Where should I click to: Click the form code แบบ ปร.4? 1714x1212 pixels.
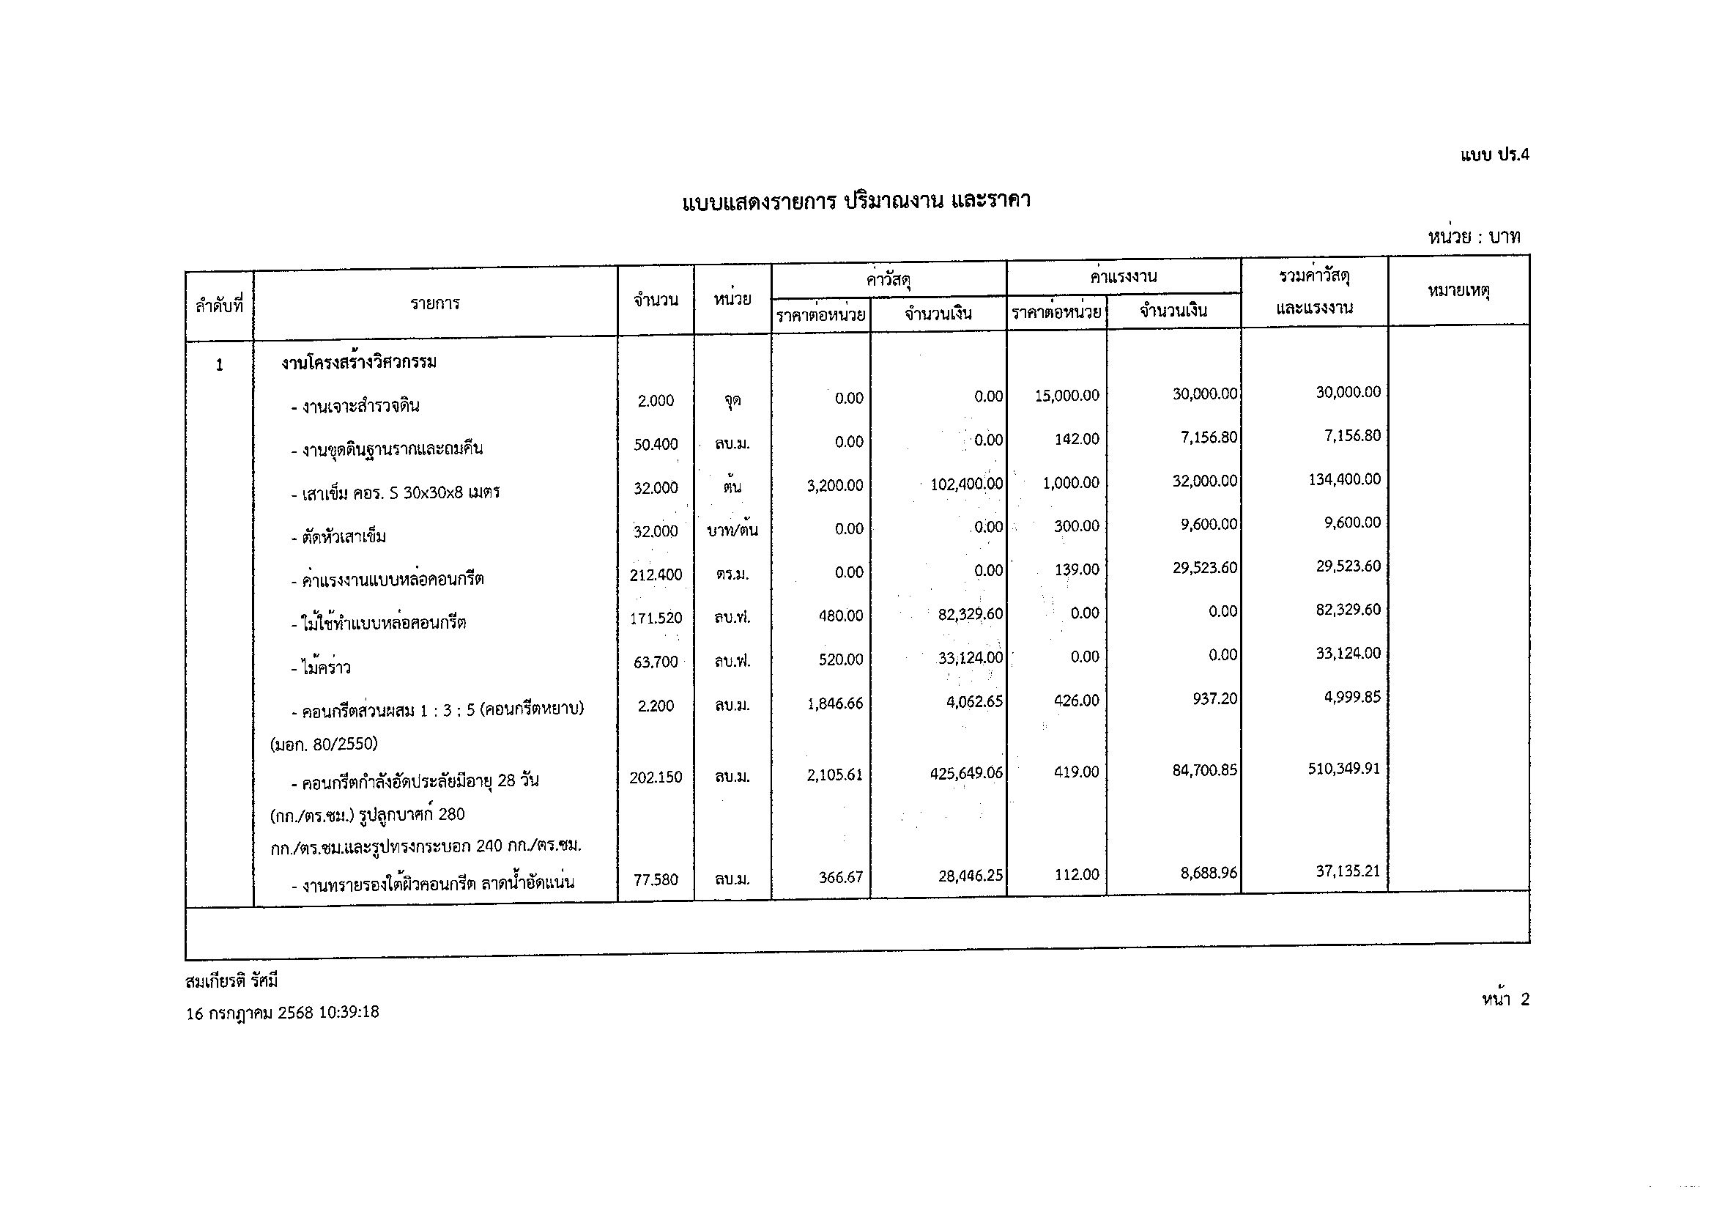tap(1494, 155)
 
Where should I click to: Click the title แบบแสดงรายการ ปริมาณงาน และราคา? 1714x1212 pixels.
tap(856, 202)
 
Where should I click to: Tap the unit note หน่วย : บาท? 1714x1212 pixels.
tap(1474, 237)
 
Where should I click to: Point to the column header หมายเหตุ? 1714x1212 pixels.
tap(1458, 291)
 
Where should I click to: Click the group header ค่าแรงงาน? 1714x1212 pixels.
tap(1123, 277)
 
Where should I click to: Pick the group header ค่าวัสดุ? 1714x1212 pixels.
tap(888, 281)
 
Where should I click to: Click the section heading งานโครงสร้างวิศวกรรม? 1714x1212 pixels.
tap(358, 363)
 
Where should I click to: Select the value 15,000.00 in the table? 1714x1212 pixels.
tap(1066, 396)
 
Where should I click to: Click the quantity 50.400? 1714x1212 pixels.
tap(656, 445)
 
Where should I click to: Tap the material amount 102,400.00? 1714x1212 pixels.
tap(966, 484)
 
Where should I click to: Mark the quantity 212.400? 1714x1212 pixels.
tap(656, 575)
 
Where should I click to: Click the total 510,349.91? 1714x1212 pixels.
tap(1343, 769)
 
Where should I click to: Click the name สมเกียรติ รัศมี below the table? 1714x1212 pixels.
tap(231, 981)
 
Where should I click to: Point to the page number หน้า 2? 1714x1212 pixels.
tap(1505, 999)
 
